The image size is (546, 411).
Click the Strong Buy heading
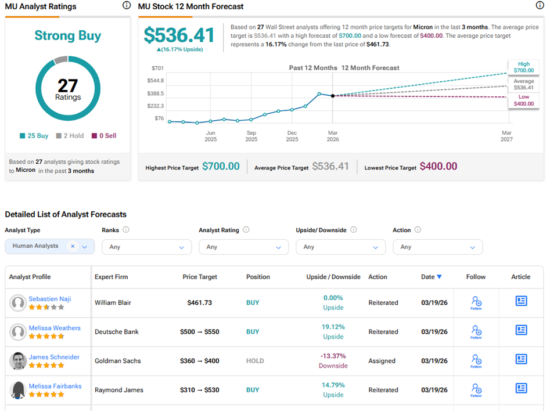67,36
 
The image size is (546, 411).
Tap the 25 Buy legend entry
34,136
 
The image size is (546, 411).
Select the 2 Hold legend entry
70,136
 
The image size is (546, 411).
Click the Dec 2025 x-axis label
292,136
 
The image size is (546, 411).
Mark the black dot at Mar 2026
333,96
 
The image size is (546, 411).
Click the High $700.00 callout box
523,67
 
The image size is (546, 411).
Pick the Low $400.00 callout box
523,100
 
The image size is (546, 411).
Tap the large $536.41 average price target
179,35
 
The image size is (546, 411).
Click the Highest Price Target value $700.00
221,167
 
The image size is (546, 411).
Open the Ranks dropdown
146,247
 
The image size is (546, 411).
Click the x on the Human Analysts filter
73,246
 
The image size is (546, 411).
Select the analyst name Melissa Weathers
55,328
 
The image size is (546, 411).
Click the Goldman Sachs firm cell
118,361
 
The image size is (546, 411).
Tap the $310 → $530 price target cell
200,390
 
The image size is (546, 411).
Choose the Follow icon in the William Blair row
476,302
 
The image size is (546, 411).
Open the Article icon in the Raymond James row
521,388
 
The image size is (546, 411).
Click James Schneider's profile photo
18,361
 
